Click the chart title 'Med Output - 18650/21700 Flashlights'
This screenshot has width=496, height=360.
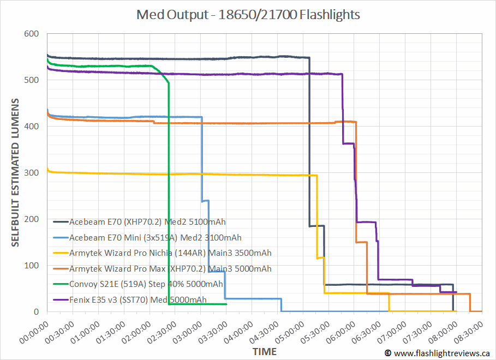point(248,15)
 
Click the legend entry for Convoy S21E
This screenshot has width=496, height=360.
point(146,284)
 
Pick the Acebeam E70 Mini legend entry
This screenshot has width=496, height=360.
point(155,237)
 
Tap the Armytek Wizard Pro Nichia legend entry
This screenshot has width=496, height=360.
point(170,253)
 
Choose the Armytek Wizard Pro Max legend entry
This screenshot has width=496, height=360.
point(170,268)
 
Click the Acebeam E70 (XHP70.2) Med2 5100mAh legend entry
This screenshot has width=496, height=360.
point(147,222)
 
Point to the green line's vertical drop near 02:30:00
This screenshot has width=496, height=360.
point(169,191)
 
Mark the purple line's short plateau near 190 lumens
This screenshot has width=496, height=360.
point(367,222)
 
